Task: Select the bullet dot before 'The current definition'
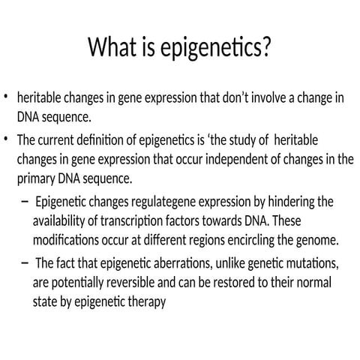tap(6, 139)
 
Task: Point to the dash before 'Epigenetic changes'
tap(27, 202)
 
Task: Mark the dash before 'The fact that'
tap(27, 262)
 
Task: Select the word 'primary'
tap(37, 178)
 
